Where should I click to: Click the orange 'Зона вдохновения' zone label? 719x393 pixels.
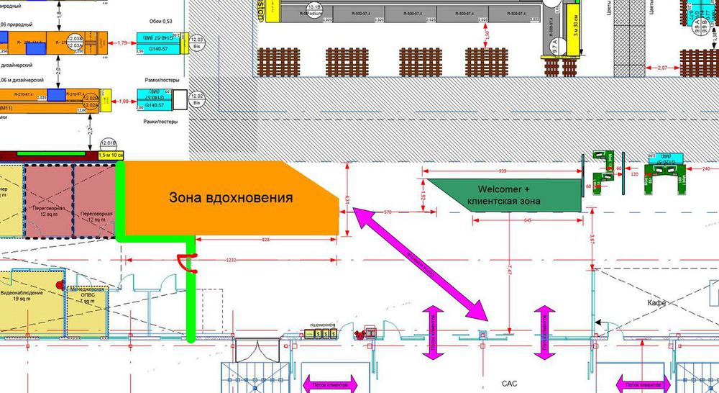(x=231, y=196)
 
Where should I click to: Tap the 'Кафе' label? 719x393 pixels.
(x=656, y=303)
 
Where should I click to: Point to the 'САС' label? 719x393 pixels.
(x=509, y=383)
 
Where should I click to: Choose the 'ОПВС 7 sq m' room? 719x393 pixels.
(x=86, y=296)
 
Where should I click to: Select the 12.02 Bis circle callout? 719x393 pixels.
(x=196, y=100)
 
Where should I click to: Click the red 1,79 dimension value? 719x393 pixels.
(x=122, y=43)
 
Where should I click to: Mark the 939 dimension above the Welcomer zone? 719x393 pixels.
(x=503, y=171)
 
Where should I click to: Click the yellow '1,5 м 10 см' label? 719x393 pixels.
(x=111, y=155)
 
